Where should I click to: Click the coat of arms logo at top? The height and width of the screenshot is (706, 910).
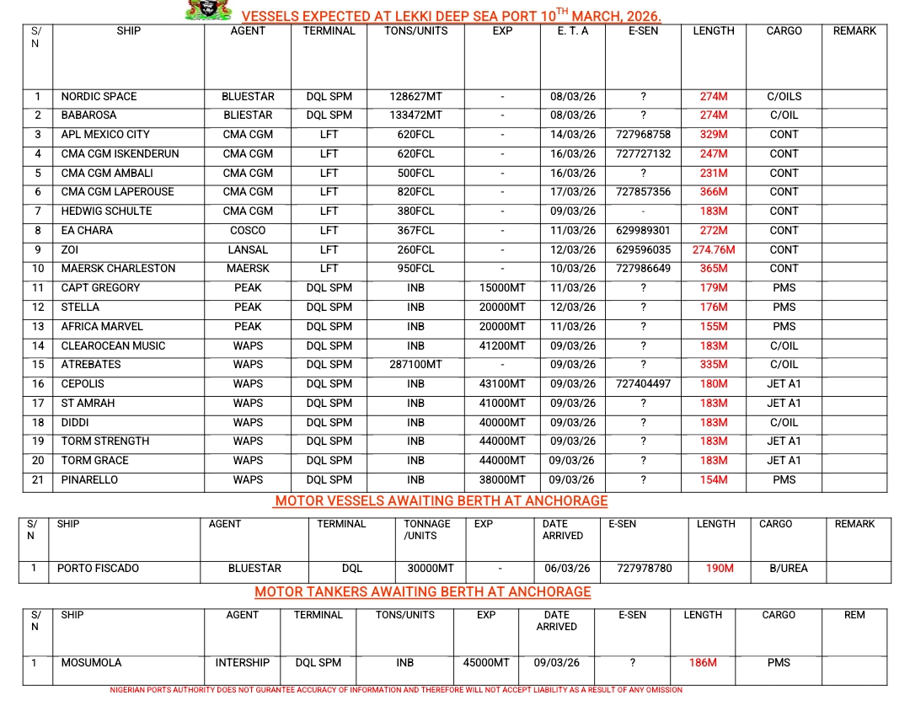click(207, 10)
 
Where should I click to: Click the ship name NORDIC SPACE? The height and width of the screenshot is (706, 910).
click(99, 97)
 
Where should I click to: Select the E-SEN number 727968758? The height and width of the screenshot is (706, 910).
click(643, 135)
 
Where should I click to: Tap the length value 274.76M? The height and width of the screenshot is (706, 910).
click(713, 250)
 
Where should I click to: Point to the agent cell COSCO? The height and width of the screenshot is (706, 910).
click(248, 231)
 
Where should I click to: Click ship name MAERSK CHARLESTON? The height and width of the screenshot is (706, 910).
click(118, 269)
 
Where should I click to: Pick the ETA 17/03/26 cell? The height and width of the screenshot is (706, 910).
click(572, 192)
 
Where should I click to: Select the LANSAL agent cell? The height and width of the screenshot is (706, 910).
click(248, 250)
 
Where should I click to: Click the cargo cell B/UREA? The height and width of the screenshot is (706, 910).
click(788, 569)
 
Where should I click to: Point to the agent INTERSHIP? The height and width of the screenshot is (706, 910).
click(243, 663)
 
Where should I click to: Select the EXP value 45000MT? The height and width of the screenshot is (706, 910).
click(486, 663)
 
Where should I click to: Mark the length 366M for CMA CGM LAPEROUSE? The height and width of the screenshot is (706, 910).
click(713, 192)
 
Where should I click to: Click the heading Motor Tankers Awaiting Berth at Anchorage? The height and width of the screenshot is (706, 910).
click(422, 592)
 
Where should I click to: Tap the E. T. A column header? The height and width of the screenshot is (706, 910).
click(572, 31)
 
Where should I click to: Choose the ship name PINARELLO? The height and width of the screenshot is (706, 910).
click(89, 480)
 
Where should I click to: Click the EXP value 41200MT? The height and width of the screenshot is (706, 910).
click(502, 346)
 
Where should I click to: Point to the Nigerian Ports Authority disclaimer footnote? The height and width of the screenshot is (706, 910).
click(396, 690)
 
